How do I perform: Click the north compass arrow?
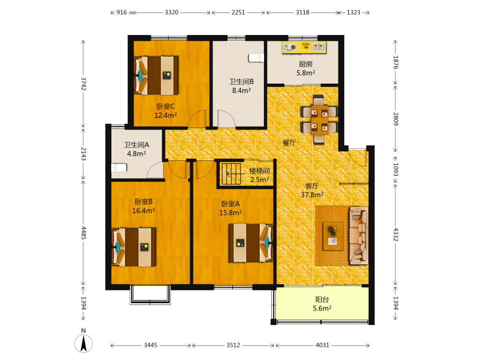(x=84, y=344)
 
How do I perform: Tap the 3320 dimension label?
(x=171, y=12)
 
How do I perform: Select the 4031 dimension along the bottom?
(x=323, y=345)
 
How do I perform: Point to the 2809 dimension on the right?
(x=396, y=119)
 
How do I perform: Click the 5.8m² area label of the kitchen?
(x=305, y=73)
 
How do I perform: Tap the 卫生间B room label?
(x=241, y=82)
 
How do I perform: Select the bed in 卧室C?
(x=156, y=75)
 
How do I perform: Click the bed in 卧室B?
(x=134, y=247)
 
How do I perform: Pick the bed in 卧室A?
(x=251, y=242)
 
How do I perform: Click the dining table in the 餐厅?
(x=319, y=120)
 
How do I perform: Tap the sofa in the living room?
(x=359, y=235)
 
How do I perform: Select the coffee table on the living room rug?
(x=333, y=236)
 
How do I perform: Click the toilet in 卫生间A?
(x=119, y=168)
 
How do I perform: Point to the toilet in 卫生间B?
(x=256, y=58)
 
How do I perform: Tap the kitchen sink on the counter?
(x=319, y=47)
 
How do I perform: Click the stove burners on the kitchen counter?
(x=289, y=47)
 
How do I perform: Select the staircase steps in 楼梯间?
(x=231, y=174)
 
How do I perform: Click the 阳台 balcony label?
(x=322, y=300)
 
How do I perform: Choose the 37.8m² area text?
(x=312, y=195)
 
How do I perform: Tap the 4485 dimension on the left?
(x=84, y=233)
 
